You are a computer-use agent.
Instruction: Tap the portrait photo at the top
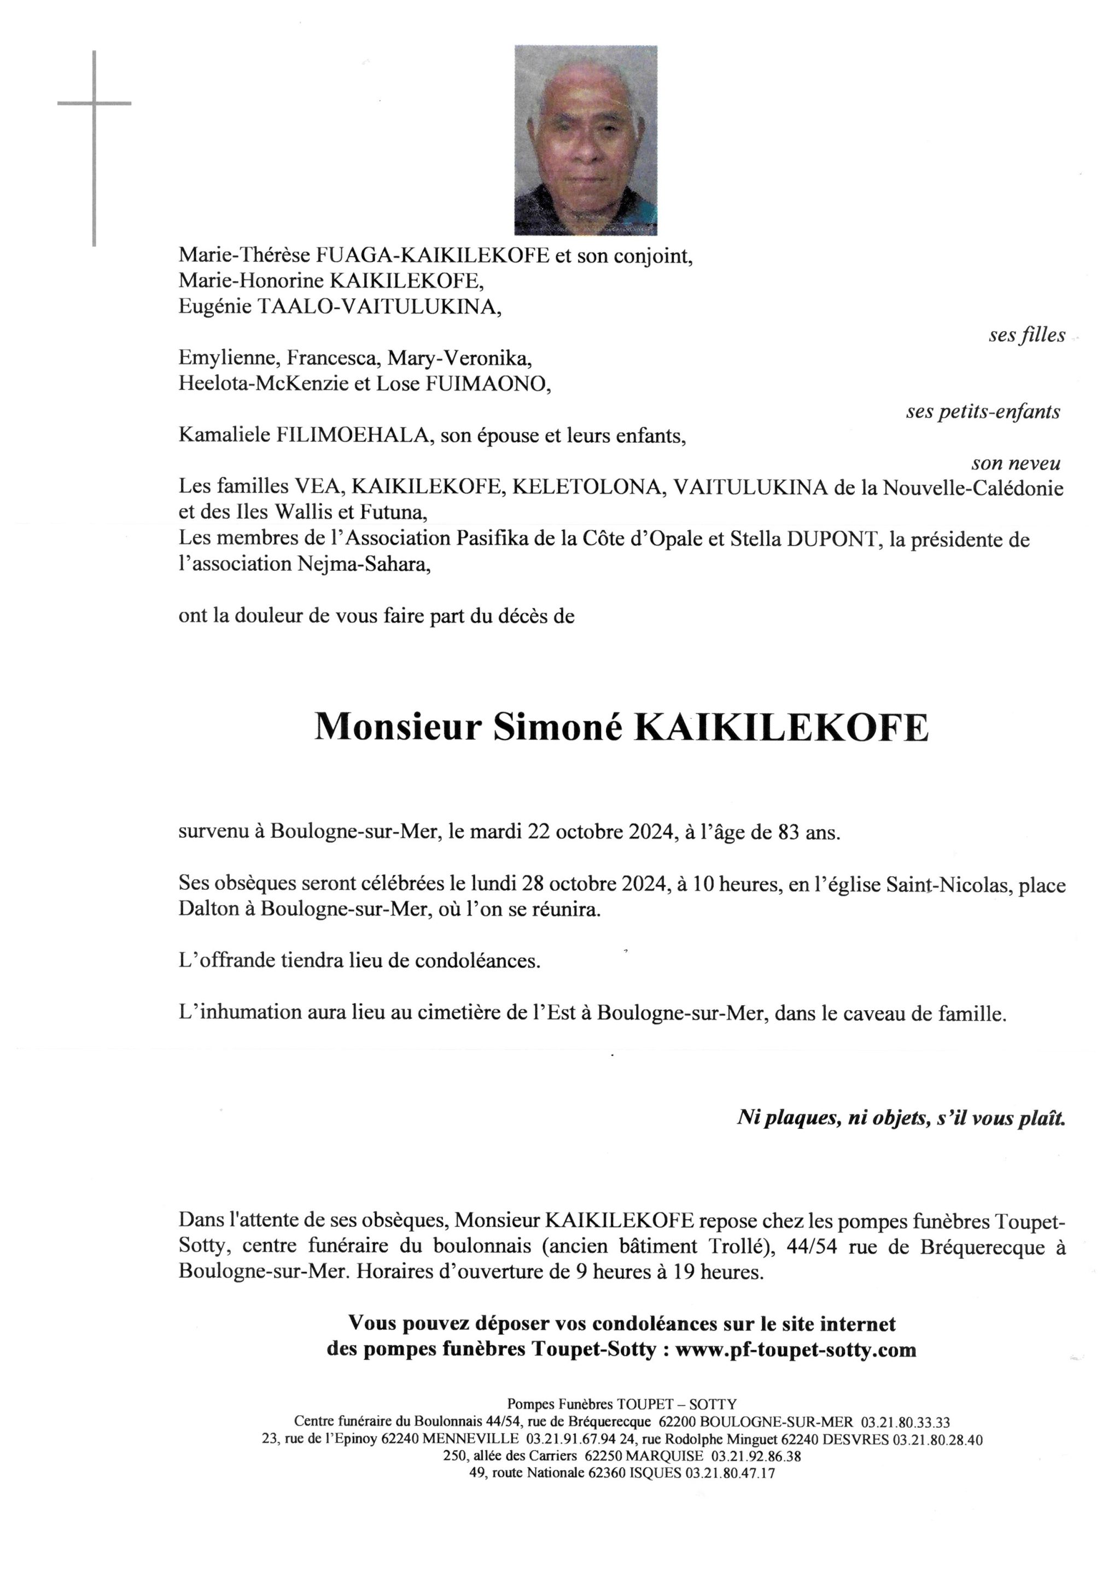coord(585,140)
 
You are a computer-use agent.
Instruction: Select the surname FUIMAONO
coord(487,384)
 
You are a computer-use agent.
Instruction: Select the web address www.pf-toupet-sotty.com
coord(796,1350)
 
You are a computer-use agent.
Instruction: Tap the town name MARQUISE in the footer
coord(663,1455)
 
